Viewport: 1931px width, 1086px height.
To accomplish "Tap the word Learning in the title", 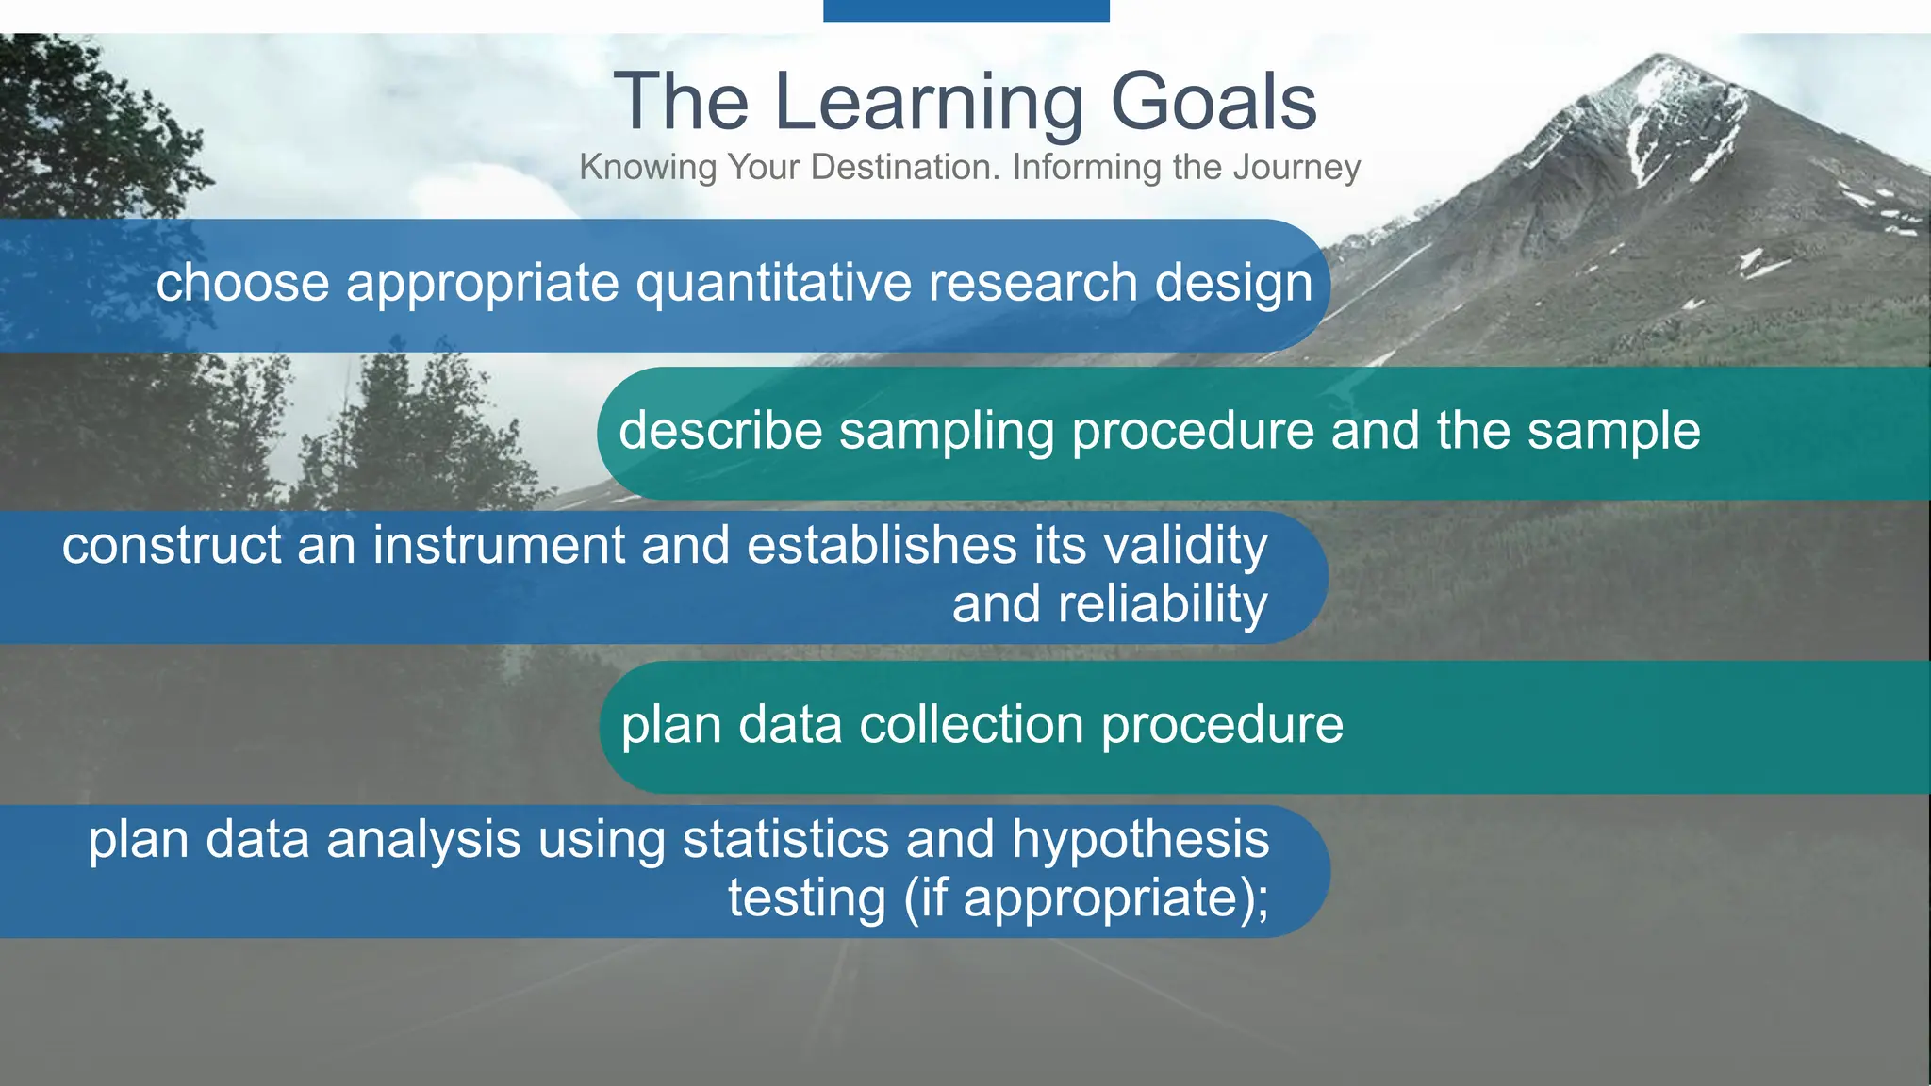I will (928, 104).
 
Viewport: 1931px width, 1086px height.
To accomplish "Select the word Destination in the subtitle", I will (904, 167).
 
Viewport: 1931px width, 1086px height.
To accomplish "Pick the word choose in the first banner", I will (242, 283).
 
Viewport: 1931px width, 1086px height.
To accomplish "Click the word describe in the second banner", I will (720, 431).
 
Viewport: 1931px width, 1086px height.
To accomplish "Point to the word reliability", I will (1162, 604).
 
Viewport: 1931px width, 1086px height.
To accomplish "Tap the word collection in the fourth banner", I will (971, 725).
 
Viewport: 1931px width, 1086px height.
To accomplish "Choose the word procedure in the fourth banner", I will (1222, 725).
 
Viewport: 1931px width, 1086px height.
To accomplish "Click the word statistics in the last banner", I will (785, 839).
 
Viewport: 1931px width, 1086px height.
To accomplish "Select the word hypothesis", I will (1140, 839).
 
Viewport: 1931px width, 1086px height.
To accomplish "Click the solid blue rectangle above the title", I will (965, 10).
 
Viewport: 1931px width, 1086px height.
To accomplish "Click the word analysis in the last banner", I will (423, 839).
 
